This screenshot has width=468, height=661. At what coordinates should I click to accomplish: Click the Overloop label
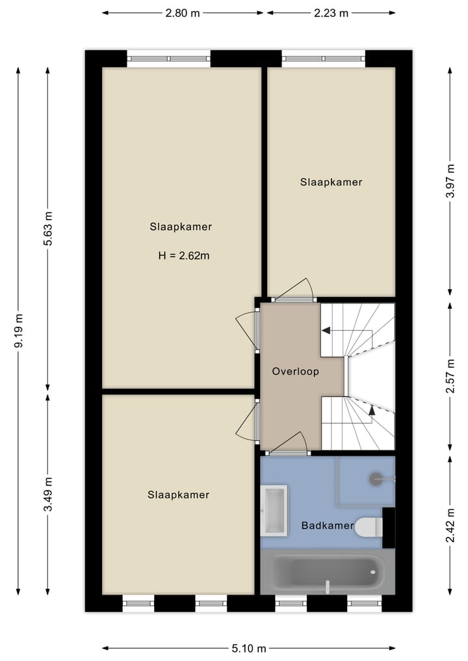(x=295, y=372)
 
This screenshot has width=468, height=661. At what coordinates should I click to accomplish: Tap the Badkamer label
(x=328, y=525)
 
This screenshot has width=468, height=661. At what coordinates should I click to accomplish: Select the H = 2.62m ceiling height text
(x=184, y=255)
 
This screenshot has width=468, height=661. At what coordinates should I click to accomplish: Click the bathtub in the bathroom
(x=328, y=573)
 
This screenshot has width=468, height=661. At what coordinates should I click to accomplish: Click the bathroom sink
(x=274, y=510)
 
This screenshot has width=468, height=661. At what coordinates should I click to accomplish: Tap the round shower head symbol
(x=377, y=479)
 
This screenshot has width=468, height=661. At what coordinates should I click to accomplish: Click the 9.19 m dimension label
(x=19, y=331)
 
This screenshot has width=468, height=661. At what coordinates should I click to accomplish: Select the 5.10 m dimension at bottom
(x=248, y=648)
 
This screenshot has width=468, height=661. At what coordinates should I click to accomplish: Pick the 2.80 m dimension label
(x=182, y=12)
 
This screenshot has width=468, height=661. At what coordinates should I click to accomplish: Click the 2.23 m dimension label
(x=331, y=12)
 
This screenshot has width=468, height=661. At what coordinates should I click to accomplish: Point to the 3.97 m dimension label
(x=450, y=193)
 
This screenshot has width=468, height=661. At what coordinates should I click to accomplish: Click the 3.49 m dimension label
(x=48, y=495)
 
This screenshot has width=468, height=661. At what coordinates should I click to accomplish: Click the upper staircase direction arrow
(x=326, y=331)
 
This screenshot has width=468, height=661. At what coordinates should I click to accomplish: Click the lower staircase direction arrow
(x=372, y=409)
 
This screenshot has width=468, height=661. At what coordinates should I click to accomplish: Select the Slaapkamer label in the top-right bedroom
(x=331, y=182)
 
